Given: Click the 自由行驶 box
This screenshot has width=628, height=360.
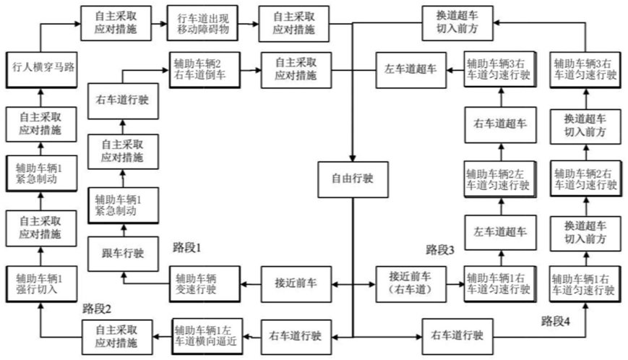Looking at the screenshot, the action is tap(353, 179).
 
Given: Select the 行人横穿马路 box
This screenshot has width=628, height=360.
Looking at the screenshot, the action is tap(41, 69).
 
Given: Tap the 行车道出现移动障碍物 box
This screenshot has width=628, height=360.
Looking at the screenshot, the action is tap(202, 23).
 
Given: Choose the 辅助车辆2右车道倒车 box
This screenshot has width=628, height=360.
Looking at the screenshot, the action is tap(205, 70).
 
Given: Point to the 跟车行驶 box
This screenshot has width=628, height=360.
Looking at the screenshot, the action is tap(123, 254).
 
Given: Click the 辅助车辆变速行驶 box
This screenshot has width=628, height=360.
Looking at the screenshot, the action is tap(205, 284).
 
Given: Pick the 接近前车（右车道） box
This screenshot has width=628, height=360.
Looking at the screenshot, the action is tap(411, 284).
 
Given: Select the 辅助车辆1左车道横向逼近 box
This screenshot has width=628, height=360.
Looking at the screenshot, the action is tap(207, 337).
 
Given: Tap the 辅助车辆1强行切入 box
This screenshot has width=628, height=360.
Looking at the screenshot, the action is tap(41, 284).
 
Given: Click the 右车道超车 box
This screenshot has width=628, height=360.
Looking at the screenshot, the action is tap(500, 124).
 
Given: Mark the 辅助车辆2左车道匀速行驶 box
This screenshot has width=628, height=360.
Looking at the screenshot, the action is tap(500, 179).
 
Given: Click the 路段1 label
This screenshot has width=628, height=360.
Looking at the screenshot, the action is tap(186, 248).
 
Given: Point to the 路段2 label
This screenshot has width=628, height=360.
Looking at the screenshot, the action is tap(97, 309).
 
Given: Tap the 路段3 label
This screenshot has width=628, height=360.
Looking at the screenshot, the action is tap(440, 250).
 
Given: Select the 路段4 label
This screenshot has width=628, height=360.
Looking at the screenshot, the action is tap(556, 321).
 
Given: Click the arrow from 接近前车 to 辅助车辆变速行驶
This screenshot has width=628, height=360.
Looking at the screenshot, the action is tap(251, 284).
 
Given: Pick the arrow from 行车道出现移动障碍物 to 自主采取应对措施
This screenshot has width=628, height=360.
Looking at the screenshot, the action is tap(249, 24).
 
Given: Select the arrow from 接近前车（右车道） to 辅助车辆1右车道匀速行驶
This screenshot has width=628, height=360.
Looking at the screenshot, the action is tap(455, 284).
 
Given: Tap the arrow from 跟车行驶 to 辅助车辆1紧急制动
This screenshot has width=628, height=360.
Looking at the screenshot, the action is tap(124, 230).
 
